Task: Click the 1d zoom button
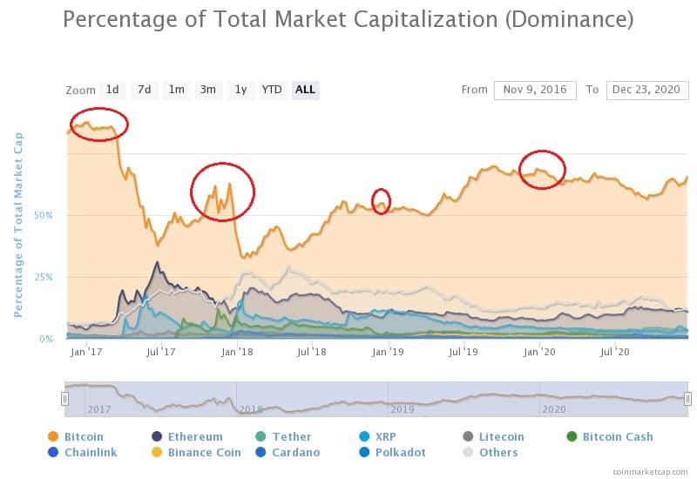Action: (x=112, y=90)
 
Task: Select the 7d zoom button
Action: (x=145, y=90)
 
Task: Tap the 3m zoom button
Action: (x=207, y=90)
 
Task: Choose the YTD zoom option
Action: (x=272, y=90)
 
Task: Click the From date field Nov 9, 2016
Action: (x=535, y=90)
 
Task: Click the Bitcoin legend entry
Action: (x=82, y=436)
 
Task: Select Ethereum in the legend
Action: (x=193, y=436)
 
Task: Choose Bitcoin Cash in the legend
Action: (x=617, y=436)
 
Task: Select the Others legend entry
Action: (x=497, y=452)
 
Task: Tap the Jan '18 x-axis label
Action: (x=233, y=351)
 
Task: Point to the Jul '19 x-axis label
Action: (x=463, y=351)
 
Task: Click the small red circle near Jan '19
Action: (x=381, y=201)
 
